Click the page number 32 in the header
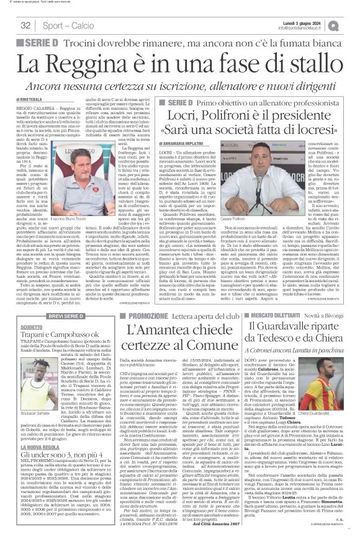click(25, 25)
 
